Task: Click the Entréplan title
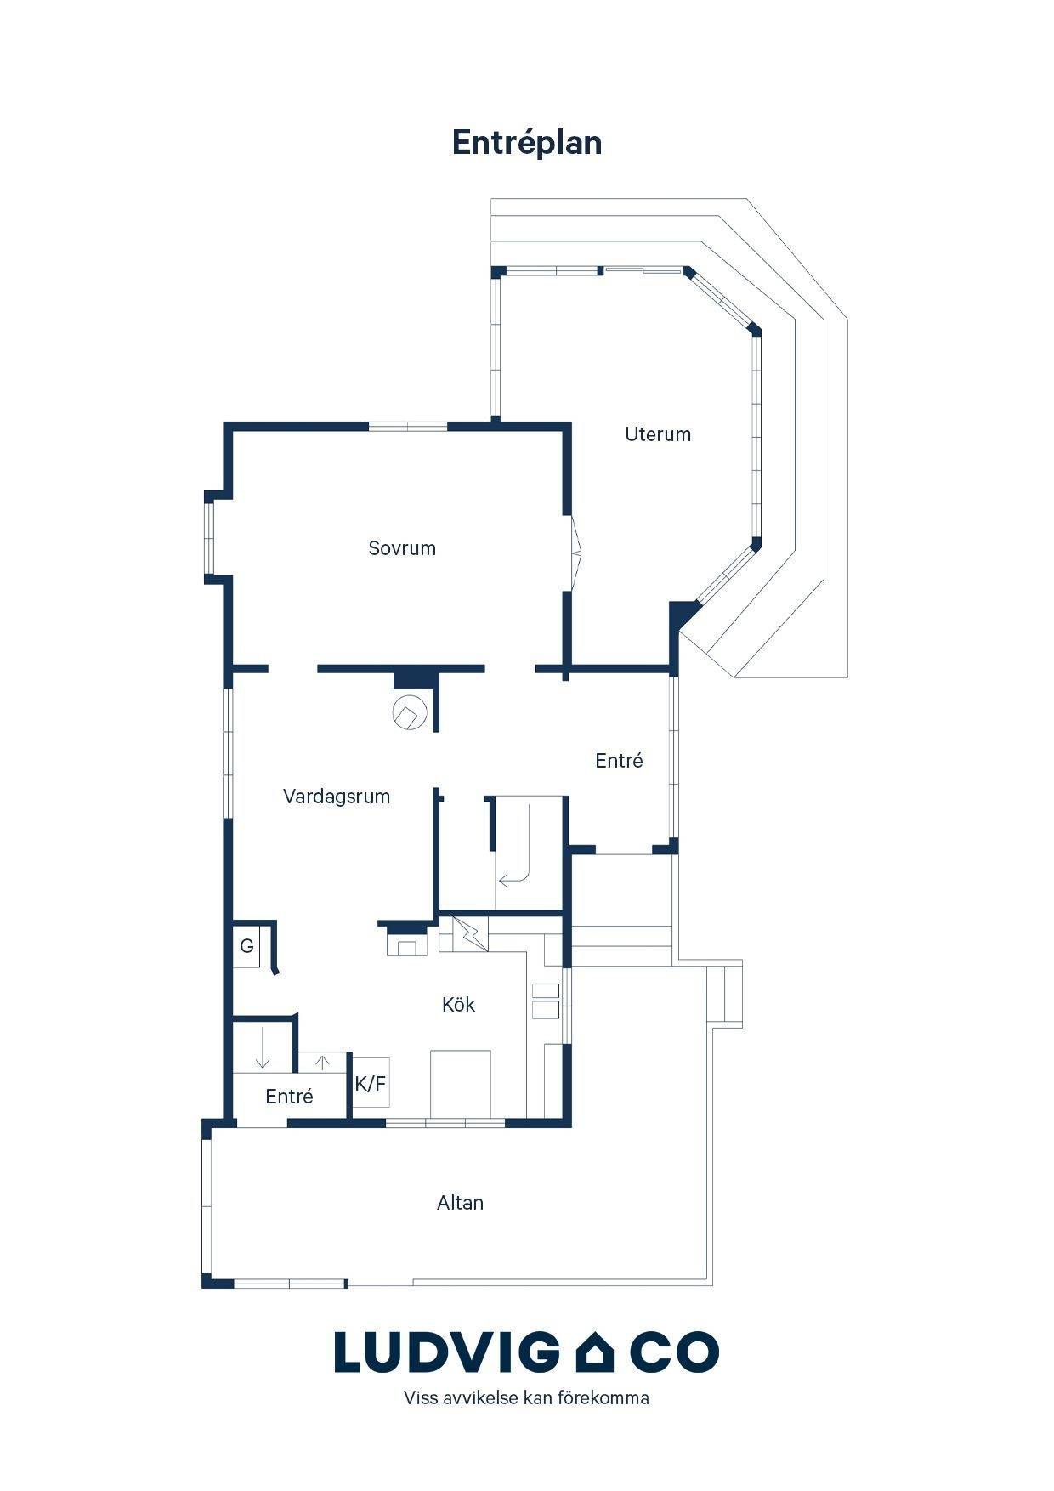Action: [527, 143]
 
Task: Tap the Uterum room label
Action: [658, 434]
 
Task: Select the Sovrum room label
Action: [402, 548]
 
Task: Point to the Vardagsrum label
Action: [337, 797]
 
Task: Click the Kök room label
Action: [458, 1005]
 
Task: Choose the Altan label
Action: [460, 1203]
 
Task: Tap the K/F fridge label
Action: [371, 1084]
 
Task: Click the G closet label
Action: [247, 946]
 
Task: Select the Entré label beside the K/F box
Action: [289, 1097]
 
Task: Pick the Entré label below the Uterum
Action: [619, 761]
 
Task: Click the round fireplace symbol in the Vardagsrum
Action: [409, 712]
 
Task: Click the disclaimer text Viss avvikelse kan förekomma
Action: [527, 1398]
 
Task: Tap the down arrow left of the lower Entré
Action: [263, 1048]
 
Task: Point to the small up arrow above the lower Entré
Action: [323, 1063]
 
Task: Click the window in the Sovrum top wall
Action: [408, 426]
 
